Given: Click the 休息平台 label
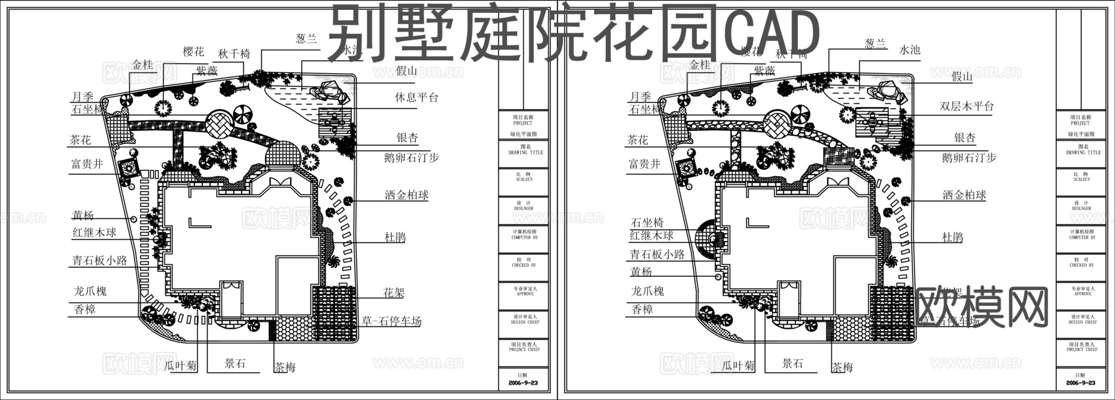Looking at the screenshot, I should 416,97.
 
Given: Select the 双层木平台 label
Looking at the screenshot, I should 966,106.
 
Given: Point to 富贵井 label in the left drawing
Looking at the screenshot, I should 87,164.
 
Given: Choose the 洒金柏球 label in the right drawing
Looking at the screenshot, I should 964,195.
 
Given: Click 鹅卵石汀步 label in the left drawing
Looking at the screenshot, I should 411,158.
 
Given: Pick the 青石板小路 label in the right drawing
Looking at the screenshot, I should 657,254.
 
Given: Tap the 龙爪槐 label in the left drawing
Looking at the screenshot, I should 90,290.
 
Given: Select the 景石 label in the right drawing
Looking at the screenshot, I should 792,363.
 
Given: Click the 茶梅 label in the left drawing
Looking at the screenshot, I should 285,367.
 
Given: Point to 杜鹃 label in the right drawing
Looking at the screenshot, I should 952,237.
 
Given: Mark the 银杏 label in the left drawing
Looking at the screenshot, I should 407,138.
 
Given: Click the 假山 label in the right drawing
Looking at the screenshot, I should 962,77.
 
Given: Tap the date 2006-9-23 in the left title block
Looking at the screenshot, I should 524,383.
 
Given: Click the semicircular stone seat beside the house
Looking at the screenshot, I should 706,239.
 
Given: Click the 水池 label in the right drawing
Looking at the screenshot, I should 909,50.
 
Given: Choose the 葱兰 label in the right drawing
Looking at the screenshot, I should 875,43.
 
